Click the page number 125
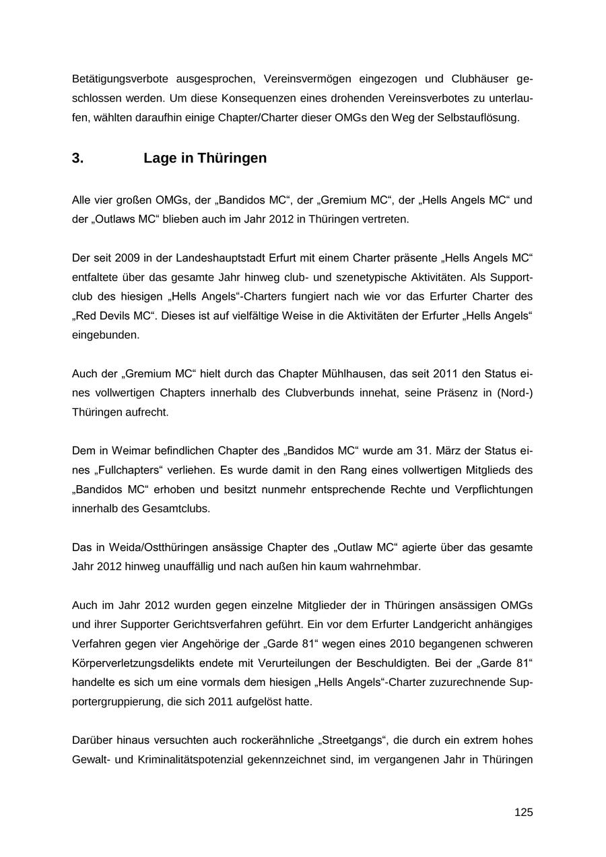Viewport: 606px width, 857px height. tap(523, 813)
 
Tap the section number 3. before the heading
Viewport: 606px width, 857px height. tap(78, 158)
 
